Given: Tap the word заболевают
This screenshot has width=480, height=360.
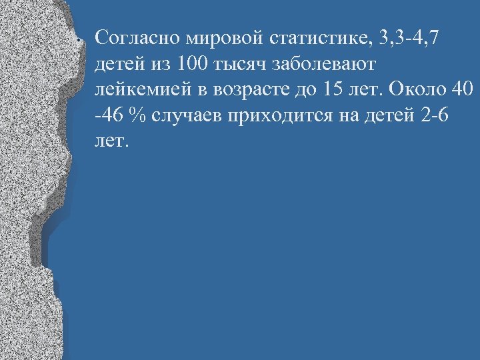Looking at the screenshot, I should point(323,63).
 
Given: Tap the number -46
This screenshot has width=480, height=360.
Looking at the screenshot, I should point(109,115).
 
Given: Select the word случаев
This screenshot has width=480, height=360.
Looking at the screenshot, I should point(186,115).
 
